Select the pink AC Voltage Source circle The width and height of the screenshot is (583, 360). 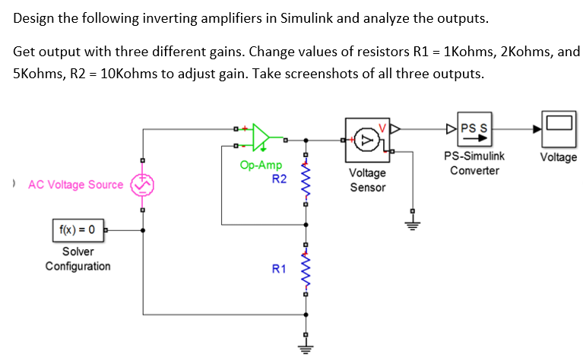[x=141, y=185]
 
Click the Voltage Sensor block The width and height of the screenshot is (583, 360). [x=367, y=140]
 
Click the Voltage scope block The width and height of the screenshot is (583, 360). [x=558, y=128]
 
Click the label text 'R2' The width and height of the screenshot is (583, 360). [x=279, y=179]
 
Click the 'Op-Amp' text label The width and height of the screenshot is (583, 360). [x=261, y=165]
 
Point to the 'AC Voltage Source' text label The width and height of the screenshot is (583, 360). [x=75, y=185]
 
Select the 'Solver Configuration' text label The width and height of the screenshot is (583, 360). [x=78, y=258]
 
